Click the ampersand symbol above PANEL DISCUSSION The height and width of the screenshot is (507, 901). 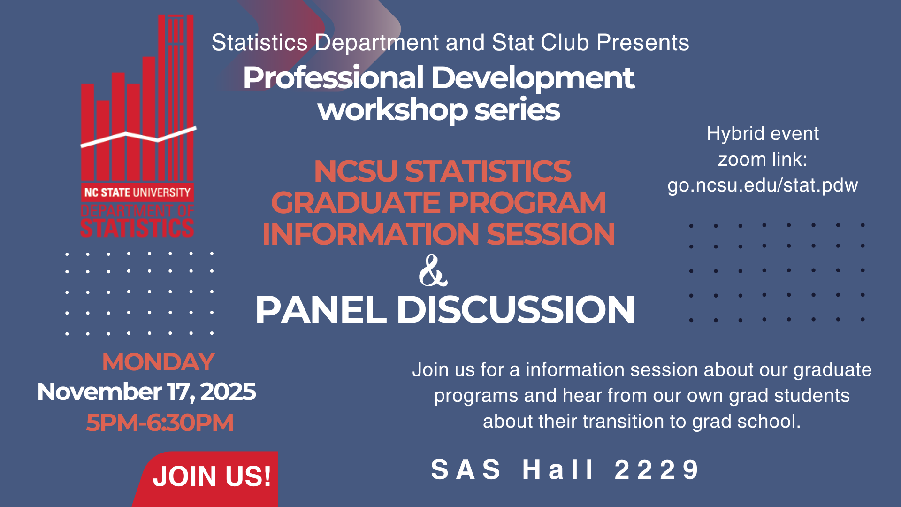pyautogui.click(x=433, y=271)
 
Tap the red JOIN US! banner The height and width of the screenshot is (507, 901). pyautogui.click(x=206, y=479)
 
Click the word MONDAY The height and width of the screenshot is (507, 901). pyautogui.click(x=159, y=362)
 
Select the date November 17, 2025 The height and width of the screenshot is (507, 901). pyautogui.click(x=146, y=392)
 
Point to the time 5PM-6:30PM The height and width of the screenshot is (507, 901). pyautogui.click(x=160, y=422)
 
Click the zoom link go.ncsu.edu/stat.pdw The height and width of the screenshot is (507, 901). pyautogui.click(x=763, y=185)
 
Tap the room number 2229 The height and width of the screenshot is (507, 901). pyautogui.click(x=657, y=469)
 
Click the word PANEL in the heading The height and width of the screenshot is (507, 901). pyautogui.click(x=321, y=310)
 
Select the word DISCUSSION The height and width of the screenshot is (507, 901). pyautogui.click(x=516, y=310)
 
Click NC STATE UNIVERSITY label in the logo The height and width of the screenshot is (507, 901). pyautogui.click(x=137, y=192)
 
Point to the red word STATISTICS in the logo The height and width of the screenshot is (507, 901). pyautogui.click(x=137, y=228)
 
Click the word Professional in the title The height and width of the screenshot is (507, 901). pyautogui.click(x=334, y=78)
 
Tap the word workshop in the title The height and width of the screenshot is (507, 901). pyautogui.click(x=392, y=110)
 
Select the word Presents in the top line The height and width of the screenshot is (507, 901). pyautogui.click(x=643, y=43)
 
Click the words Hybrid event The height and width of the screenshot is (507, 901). pyautogui.click(x=763, y=133)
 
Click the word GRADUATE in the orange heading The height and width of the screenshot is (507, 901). pyautogui.click(x=357, y=202)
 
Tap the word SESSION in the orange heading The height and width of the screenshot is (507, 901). pyautogui.click(x=551, y=234)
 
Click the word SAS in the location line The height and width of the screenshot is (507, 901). pyautogui.click(x=466, y=469)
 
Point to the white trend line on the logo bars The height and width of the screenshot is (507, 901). pyautogui.click(x=138, y=137)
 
